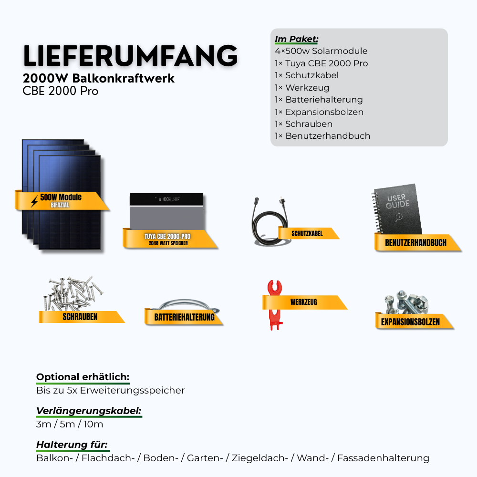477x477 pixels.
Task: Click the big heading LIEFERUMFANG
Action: point(130,56)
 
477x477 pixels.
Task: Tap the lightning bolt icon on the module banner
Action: point(34,201)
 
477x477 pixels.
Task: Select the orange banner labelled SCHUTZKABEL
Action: point(307,233)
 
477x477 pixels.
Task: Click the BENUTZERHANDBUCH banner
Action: point(415,242)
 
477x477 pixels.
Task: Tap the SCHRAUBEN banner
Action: point(80,316)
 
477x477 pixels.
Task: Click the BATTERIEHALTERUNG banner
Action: point(184,317)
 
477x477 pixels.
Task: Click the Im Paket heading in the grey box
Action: point(296,39)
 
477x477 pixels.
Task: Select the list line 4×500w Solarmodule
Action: point(321,51)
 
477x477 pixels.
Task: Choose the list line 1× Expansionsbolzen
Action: point(319,112)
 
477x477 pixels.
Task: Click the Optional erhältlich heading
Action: point(83,377)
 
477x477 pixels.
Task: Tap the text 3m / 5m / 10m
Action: point(70,424)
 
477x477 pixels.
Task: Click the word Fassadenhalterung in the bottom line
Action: point(383,458)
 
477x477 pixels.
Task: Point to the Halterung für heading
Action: point(72,445)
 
